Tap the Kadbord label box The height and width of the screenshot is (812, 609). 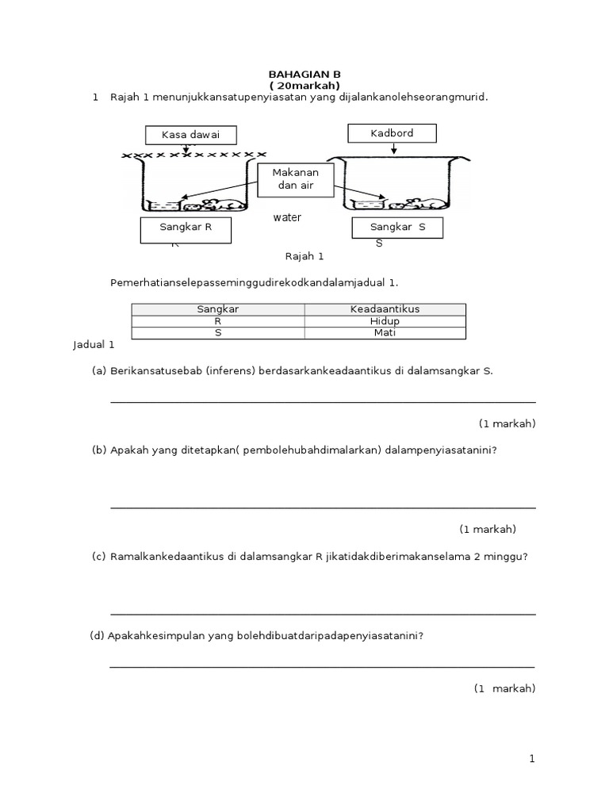click(392, 133)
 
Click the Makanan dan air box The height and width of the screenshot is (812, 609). click(295, 179)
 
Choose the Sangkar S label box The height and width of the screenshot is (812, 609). click(397, 228)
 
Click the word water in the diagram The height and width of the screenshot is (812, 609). click(288, 217)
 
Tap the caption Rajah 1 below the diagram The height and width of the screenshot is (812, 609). click(304, 257)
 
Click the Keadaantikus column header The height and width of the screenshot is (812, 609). click(385, 309)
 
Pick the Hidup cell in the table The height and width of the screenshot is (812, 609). click(385, 321)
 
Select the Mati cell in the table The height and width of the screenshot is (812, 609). click(385, 333)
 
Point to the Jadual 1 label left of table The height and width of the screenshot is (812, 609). click(94, 345)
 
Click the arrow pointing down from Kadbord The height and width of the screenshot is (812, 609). click(394, 148)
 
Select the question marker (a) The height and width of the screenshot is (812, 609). click(99, 370)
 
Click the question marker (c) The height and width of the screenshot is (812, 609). click(99, 556)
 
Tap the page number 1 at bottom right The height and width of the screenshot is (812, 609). click(533, 759)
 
